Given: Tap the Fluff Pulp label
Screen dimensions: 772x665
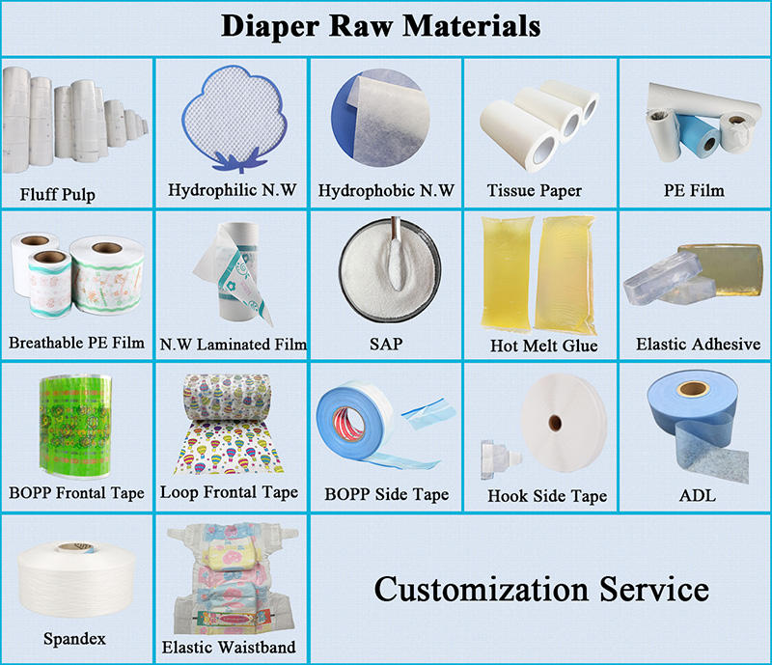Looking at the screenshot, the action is [x=58, y=195].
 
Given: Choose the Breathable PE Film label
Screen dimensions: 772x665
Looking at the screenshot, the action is [x=76, y=343].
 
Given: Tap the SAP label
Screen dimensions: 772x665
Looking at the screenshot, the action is [x=385, y=344].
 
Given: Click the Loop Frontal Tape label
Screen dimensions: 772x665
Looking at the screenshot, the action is [x=229, y=492].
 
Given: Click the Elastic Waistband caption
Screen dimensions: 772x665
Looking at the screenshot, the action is [x=230, y=647].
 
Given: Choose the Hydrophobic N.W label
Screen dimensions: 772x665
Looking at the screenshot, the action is [x=386, y=191].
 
